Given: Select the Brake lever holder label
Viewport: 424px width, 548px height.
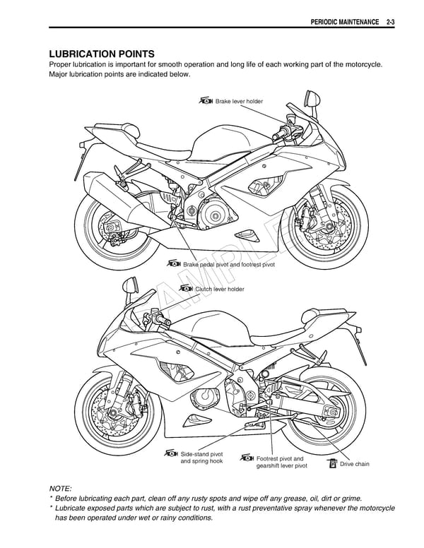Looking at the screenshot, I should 238,102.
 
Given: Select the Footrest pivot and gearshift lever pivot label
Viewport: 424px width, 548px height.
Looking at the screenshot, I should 281,462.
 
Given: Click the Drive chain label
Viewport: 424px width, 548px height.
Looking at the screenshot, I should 354,464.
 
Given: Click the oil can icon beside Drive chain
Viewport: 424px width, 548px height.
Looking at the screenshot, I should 332,463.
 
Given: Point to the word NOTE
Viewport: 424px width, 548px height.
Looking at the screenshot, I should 59,488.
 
